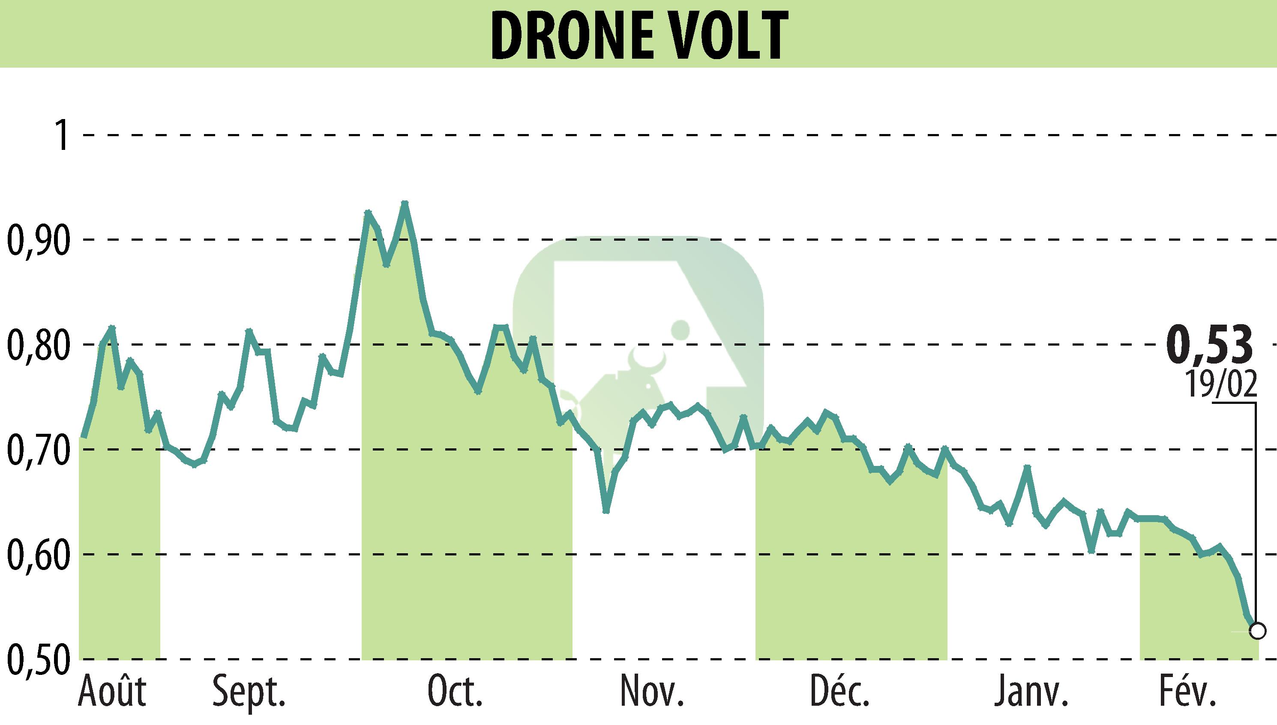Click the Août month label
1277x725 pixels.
point(112,691)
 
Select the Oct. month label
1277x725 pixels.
point(455,691)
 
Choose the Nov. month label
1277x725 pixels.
point(651,691)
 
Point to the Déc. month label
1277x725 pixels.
point(840,691)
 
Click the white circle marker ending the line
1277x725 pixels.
point(1258,631)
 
